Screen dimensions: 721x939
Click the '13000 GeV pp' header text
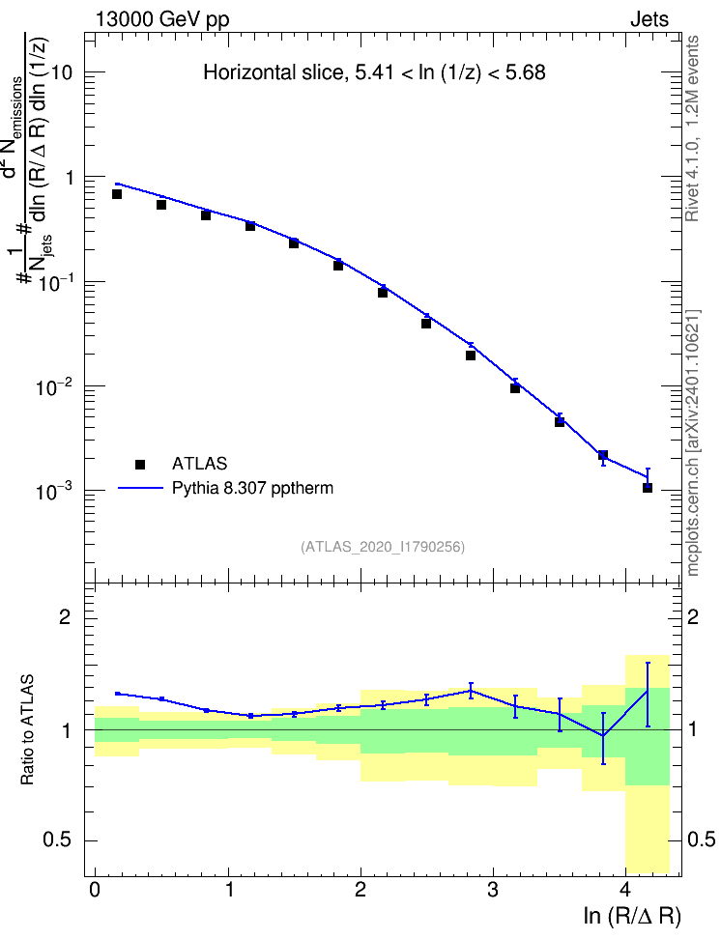coord(161,19)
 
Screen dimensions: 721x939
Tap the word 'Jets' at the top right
coord(649,19)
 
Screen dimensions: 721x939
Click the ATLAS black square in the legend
coord(140,464)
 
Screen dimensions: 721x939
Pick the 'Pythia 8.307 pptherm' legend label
coord(252,488)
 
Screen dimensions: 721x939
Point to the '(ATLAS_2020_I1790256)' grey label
coord(383,546)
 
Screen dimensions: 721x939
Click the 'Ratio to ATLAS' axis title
coord(27,729)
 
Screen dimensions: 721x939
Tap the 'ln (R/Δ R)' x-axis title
coord(632,916)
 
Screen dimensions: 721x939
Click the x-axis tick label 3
coord(493,890)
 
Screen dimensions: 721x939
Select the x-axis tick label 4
coord(625,890)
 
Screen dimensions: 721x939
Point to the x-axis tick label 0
coord(95,890)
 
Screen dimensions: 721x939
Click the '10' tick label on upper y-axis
coord(61,73)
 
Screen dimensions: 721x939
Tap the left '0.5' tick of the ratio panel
coord(58,839)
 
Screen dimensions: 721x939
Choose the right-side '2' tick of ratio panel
coord(693,616)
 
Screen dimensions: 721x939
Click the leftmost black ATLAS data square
coord(117,194)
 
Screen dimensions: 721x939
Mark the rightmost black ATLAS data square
coord(648,488)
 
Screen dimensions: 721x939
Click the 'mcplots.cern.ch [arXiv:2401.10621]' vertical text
coord(693,442)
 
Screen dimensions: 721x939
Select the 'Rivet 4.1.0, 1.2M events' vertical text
coord(693,128)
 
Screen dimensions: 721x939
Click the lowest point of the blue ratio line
coord(603,736)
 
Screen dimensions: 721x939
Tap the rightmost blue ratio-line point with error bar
coord(648,691)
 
